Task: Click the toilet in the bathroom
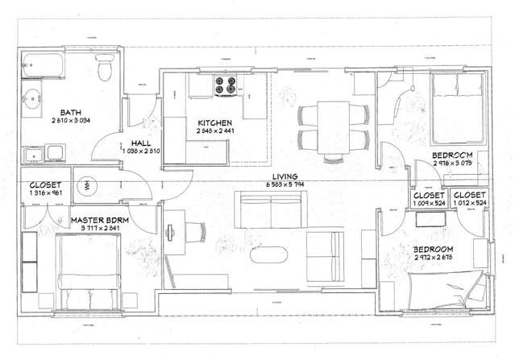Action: click(x=104, y=70)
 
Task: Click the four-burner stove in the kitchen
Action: click(x=222, y=83)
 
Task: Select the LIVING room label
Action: click(x=285, y=176)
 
